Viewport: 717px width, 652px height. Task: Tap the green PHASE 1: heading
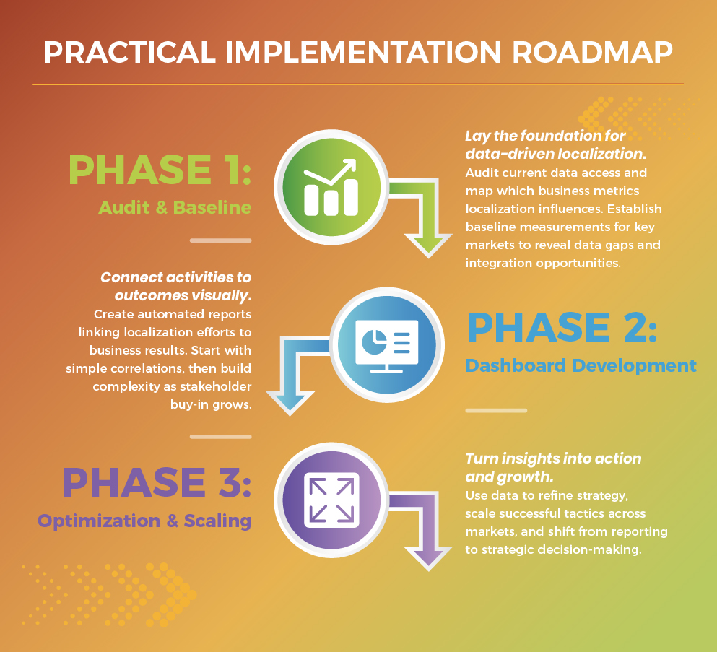(x=160, y=169)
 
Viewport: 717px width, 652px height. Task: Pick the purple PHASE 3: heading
(x=156, y=482)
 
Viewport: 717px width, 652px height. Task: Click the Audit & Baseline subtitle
(x=175, y=208)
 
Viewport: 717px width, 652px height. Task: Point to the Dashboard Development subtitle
(x=581, y=365)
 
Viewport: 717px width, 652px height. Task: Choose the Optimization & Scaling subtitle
(x=144, y=521)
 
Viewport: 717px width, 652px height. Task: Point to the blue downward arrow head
(x=292, y=398)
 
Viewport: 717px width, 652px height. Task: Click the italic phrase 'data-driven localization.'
(x=555, y=154)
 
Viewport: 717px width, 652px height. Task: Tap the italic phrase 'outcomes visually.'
(x=183, y=296)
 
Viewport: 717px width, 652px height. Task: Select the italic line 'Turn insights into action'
(x=553, y=458)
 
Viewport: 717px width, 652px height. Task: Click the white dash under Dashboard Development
(x=495, y=410)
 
